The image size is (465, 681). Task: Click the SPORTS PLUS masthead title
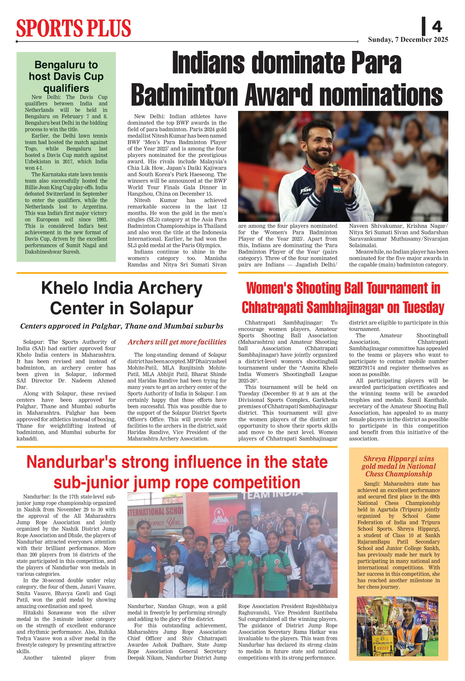pyautogui.click(x=74, y=28)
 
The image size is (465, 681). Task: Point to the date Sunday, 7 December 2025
pyautogui.click(x=408, y=40)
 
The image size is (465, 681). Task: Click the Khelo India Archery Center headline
pyautogui.click(x=122, y=298)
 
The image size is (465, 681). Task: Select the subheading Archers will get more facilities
pyautogui.click(x=177, y=342)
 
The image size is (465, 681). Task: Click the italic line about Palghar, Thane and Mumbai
pyautogui.click(x=122, y=326)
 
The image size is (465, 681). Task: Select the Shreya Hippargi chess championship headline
pyautogui.click(x=399, y=466)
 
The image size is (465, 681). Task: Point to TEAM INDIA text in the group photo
pyautogui.click(x=272, y=495)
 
